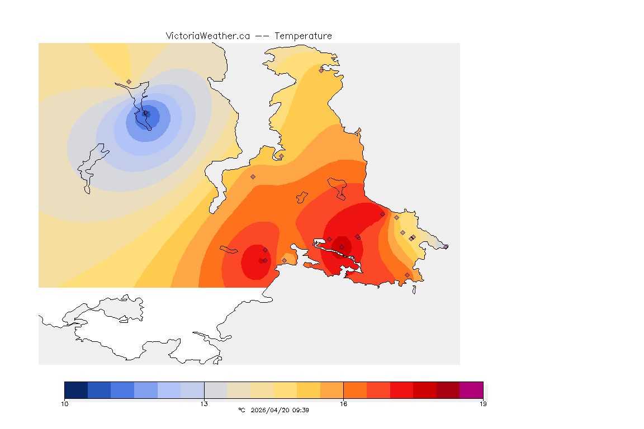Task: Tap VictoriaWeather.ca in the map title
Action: [x=207, y=36]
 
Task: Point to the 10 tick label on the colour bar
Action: [x=65, y=404]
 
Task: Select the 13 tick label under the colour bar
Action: [x=204, y=404]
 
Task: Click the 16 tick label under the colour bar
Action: [x=343, y=404]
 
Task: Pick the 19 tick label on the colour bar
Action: [x=482, y=404]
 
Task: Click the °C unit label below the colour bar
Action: [x=241, y=410]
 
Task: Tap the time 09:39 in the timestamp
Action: [x=301, y=410]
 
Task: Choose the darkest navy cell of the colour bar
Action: [x=76, y=390]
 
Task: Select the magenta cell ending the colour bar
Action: [x=471, y=390]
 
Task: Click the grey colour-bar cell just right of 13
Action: [x=215, y=390]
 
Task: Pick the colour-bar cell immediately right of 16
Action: [x=355, y=390]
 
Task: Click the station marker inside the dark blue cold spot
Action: [x=146, y=113]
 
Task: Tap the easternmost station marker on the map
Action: [x=446, y=246]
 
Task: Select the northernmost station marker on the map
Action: [x=321, y=70]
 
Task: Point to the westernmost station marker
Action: [x=129, y=82]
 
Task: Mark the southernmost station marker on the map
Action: [x=407, y=275]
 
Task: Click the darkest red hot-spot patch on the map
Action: [x=342, y=246]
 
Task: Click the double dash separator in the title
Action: [x=262, y=36]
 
